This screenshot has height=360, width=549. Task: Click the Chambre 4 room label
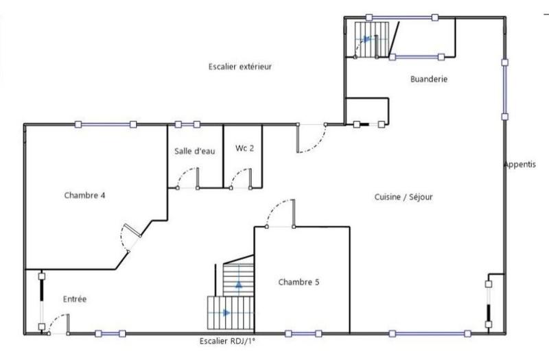84,195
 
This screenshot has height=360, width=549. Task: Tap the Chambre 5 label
299,282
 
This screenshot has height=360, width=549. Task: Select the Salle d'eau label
195,152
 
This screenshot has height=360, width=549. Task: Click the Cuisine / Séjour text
404,197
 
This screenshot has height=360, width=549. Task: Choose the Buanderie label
429,79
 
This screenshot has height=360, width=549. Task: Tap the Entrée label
75,299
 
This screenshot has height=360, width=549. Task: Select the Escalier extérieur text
241,67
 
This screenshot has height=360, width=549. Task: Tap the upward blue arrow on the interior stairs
239,284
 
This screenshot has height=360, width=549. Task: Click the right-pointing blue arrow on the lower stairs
226,313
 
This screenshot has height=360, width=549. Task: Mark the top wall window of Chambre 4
105,124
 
